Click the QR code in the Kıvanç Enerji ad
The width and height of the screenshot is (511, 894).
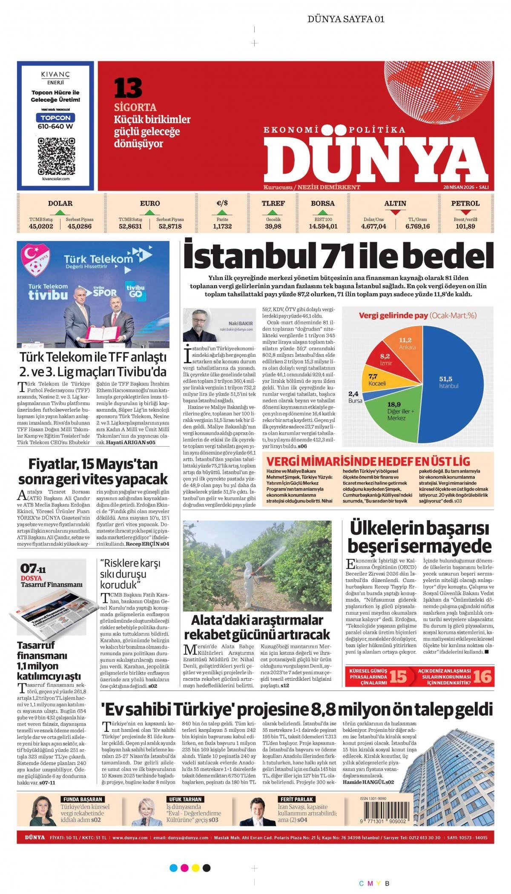56,156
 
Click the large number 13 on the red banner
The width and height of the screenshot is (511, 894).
128,89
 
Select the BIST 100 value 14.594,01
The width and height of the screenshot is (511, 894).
323,226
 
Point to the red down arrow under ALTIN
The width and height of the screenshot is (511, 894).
395,212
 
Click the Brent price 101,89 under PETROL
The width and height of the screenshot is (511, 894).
465,226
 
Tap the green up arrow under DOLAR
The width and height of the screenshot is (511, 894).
60,212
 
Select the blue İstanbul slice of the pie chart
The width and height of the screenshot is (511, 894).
451,383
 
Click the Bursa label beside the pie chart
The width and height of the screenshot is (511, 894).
355,401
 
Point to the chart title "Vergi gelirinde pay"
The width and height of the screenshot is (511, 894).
393,315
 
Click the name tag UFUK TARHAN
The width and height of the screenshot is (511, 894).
186,799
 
